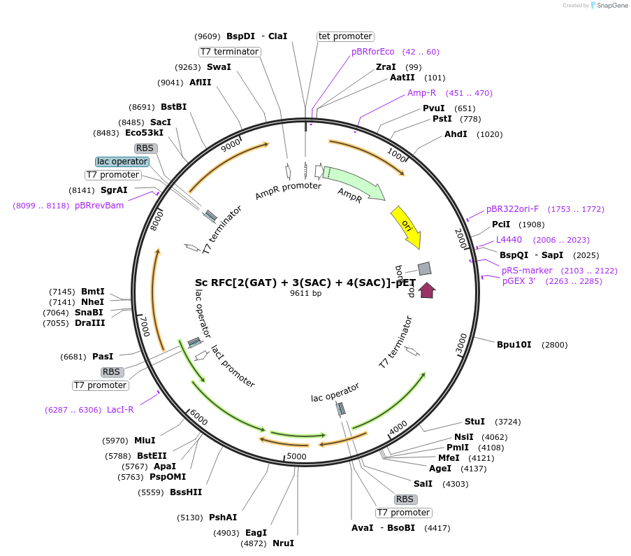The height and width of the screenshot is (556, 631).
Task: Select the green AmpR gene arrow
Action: tap(354, 182)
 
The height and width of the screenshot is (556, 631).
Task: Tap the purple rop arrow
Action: tap(427, 290)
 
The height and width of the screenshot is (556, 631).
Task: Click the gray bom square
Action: tap(425, 269)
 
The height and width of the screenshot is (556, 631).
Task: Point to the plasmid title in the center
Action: tap(305, 283)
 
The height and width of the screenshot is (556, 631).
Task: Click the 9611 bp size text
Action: tap(305, 293)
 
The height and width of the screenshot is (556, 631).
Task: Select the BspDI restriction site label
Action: tap(240, 36)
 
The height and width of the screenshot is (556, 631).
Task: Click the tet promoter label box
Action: tap(345, 36)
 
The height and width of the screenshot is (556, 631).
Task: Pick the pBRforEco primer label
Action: tap(372, 52)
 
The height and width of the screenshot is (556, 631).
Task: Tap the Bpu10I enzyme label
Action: tap(514, 345)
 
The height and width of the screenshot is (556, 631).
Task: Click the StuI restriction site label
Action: tap(474, 422)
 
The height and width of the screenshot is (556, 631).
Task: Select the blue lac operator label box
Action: tap(122, 162)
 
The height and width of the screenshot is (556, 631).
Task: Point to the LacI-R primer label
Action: tap(120, 410)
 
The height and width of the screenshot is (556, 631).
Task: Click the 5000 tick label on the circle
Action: tap(296, 456)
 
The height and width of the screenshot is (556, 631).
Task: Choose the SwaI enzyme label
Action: tap(219, 67)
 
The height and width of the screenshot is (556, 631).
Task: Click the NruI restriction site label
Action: tap(283, 543)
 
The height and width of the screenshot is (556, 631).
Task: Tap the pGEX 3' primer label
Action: tap(518, 281)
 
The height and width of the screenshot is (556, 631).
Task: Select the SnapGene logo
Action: tap(609, 5)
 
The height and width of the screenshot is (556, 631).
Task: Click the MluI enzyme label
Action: tap(145, 441)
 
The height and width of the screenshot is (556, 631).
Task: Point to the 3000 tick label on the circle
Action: tap(461, 343)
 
